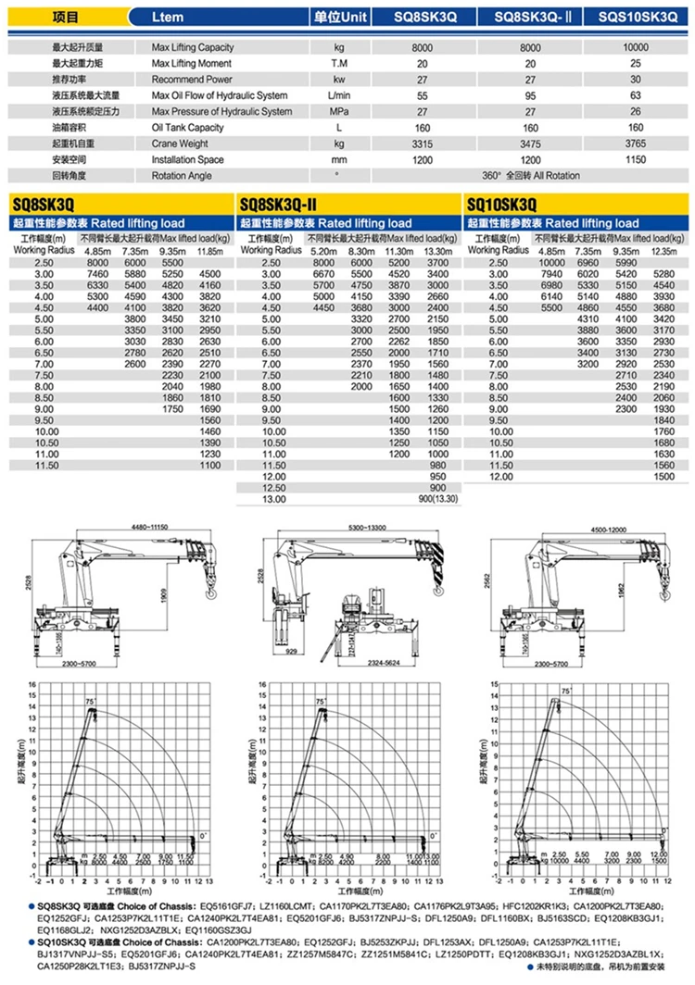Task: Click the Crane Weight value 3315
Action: [423, 143]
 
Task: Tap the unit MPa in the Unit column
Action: [338, 112]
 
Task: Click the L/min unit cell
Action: [338, 95]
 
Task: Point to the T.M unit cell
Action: [338, 64]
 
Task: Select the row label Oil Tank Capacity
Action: [188, 128]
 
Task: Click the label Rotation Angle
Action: [182, 175]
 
